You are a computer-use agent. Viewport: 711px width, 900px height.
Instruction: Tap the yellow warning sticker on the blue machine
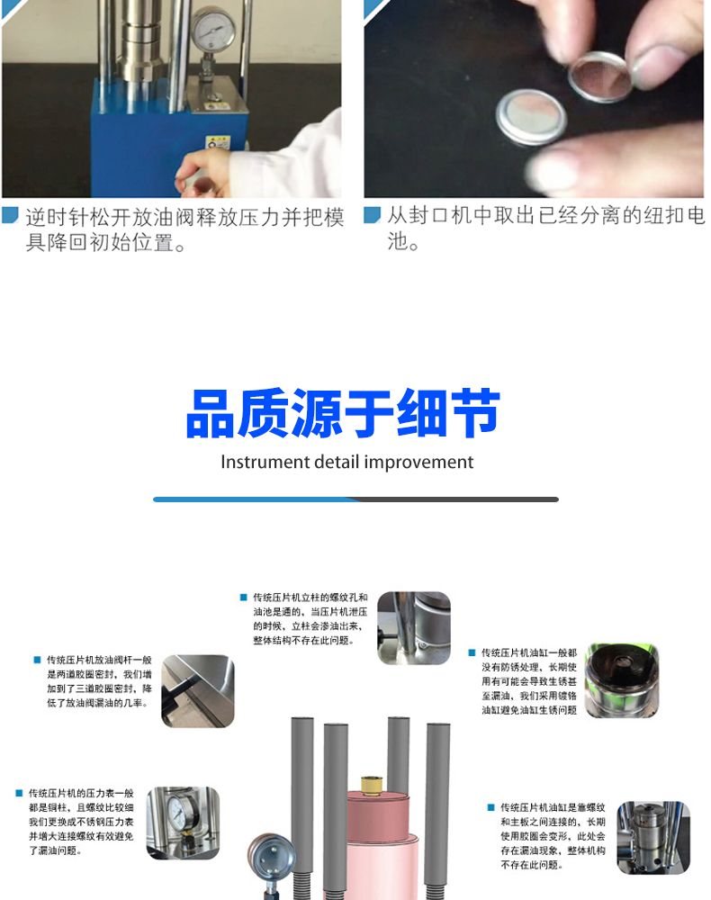[x=214, y=143]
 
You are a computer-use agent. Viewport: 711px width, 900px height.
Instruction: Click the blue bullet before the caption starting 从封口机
[x=372, y=217]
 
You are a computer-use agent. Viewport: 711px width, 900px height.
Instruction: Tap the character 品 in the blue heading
[x=211, y=416]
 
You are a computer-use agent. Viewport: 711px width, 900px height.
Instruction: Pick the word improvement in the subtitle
[x=423, y=463]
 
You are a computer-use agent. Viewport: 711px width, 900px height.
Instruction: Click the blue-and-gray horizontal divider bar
[x=355, y=499]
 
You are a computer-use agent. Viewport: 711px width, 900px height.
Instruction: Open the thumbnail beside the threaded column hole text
[x=414, y=628]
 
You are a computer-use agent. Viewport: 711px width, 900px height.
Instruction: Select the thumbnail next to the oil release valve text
[x=198, y=691]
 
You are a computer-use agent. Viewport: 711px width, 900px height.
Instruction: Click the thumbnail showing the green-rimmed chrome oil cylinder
[x=622, y=680]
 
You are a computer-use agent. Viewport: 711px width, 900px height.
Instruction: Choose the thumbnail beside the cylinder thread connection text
[x=652, y=837]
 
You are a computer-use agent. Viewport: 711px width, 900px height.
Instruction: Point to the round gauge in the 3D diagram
[x=273, y=859]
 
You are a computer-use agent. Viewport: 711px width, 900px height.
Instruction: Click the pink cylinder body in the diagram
[x=369, y=846]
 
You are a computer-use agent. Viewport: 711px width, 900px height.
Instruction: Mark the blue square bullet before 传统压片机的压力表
[x=18, y=793]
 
